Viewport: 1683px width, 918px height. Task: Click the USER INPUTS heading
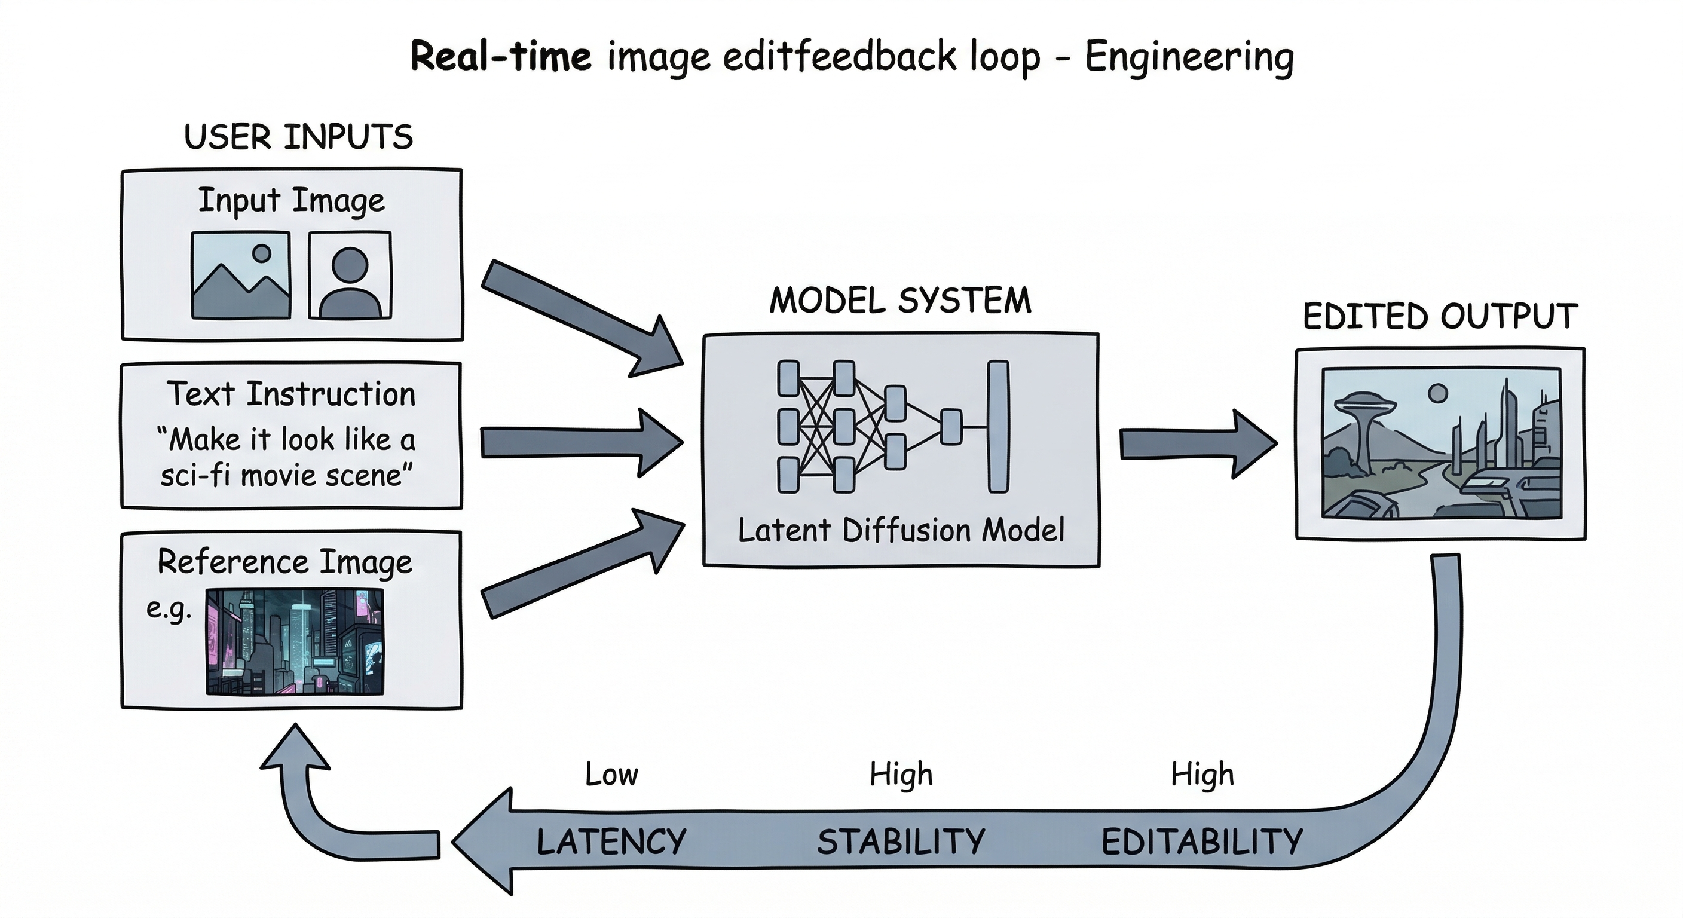tap(299, 137)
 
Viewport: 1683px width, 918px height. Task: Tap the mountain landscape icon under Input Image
tap(241, 276)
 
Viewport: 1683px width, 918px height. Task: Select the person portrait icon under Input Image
tap(350, 276)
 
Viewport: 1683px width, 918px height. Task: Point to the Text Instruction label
tap(292, 394)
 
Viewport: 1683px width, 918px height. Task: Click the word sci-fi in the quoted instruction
tap(196, 476)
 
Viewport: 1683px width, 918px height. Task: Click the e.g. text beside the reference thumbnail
tap(169, 609)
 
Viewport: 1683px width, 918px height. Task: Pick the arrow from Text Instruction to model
tap(582, 442)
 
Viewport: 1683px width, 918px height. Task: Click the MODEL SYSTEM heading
tap(899, 301)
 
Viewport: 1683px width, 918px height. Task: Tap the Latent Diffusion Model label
tap(900, 531)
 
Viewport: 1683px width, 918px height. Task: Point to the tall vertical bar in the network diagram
tap(997, 426)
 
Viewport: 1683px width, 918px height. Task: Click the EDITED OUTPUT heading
tap(1440, 317)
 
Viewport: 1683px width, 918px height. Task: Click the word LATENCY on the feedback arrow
tap(611, 841)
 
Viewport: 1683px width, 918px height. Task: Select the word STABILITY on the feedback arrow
tap(901, 841)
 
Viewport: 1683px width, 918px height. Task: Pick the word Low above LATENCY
tap(611, 775)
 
